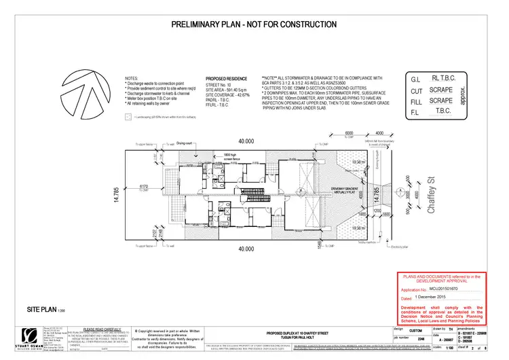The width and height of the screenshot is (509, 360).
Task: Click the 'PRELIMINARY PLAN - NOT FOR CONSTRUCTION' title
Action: [254, 24]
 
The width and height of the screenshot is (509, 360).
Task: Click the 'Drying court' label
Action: [185, 144]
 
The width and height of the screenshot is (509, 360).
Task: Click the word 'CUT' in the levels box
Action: [417, 90]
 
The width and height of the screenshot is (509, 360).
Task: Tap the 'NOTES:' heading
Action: [132, 79]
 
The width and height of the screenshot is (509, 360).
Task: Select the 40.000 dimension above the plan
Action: [246, 141]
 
